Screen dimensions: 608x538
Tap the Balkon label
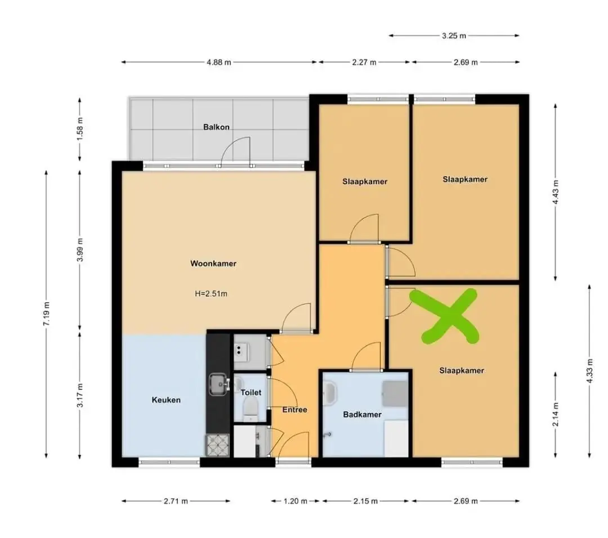point(216,127)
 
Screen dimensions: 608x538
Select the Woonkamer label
point(213,263)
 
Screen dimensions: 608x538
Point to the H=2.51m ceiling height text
point(211,294)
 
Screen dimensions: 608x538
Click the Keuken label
point(166,400)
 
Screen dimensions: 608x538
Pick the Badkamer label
point(362,415)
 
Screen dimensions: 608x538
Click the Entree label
point(294,410)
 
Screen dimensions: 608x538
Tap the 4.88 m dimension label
point(219,62)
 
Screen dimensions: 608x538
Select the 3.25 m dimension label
point(454,35)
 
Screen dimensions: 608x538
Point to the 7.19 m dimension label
point(46,314)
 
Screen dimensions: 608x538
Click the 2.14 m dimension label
point(556,414)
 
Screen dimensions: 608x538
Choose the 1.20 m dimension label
point(296,501)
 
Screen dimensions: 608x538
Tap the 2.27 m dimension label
point(364,62)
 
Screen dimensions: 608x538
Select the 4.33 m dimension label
point(590,371)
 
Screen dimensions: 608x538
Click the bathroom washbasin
point(330,392)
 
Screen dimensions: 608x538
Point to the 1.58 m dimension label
point(80,129)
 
